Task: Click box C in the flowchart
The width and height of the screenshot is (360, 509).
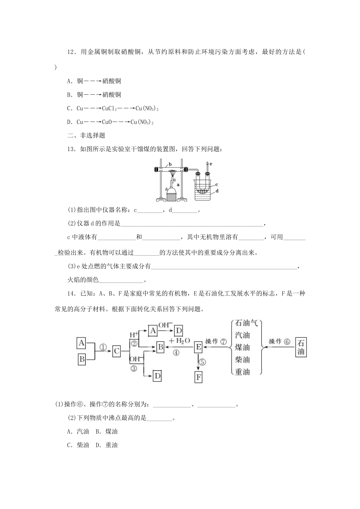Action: pos(117,351)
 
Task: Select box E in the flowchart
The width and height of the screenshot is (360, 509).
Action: pos(198,347)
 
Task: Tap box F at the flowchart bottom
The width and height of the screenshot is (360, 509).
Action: pos(198,377)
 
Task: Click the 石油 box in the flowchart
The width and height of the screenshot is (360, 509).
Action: pos(301,347)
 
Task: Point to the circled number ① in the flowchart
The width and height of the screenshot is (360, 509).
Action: pos(103,347)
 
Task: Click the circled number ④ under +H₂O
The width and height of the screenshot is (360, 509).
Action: pos(176,353)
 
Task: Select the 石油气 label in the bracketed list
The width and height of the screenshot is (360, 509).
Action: pos(246,323)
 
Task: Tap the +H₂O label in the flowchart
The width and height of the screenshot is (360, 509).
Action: pos(180,340)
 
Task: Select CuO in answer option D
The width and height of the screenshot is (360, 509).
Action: pos(108,122)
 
